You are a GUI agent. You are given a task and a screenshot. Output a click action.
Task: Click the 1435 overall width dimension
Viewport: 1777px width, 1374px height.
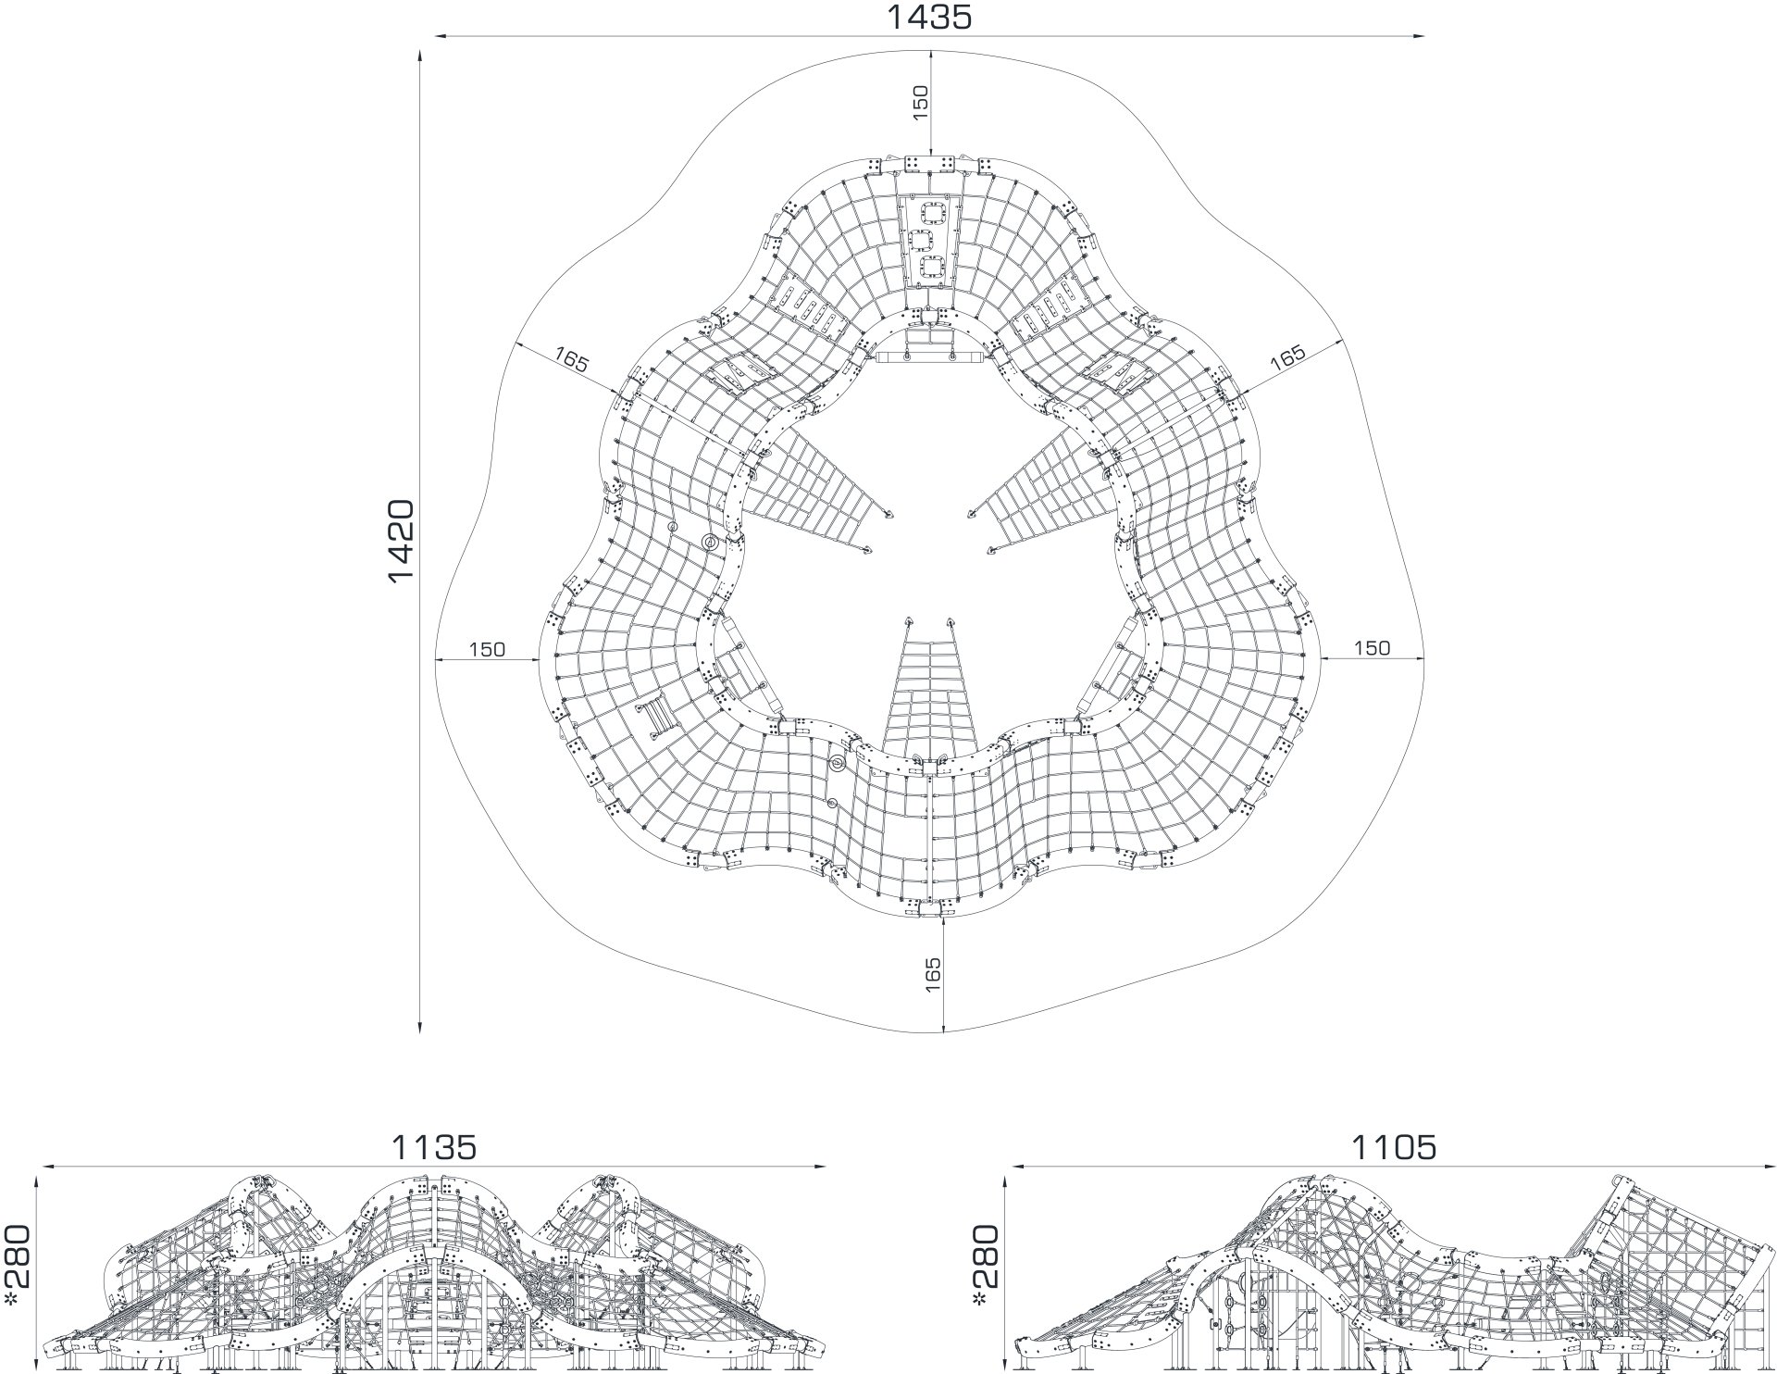coord(930,17)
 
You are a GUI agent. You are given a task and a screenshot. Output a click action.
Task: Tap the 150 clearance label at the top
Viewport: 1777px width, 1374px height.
coord(920,103)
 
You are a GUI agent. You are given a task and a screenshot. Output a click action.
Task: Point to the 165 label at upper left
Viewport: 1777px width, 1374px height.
coord(571,359)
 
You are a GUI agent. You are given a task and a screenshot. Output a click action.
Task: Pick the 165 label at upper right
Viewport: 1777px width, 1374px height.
coord(1287,357)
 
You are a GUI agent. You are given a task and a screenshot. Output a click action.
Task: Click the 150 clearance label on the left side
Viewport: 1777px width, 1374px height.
coord(487,649)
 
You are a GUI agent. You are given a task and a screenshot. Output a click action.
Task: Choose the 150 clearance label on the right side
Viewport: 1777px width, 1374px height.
coord(1372,648)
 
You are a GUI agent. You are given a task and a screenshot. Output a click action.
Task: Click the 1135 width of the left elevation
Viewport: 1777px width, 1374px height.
coord(434,1147)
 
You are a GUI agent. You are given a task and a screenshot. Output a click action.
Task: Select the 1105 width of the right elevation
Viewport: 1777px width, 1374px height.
coord(1395,1147)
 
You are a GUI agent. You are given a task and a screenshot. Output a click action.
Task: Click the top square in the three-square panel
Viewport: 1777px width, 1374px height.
coord(929,213)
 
